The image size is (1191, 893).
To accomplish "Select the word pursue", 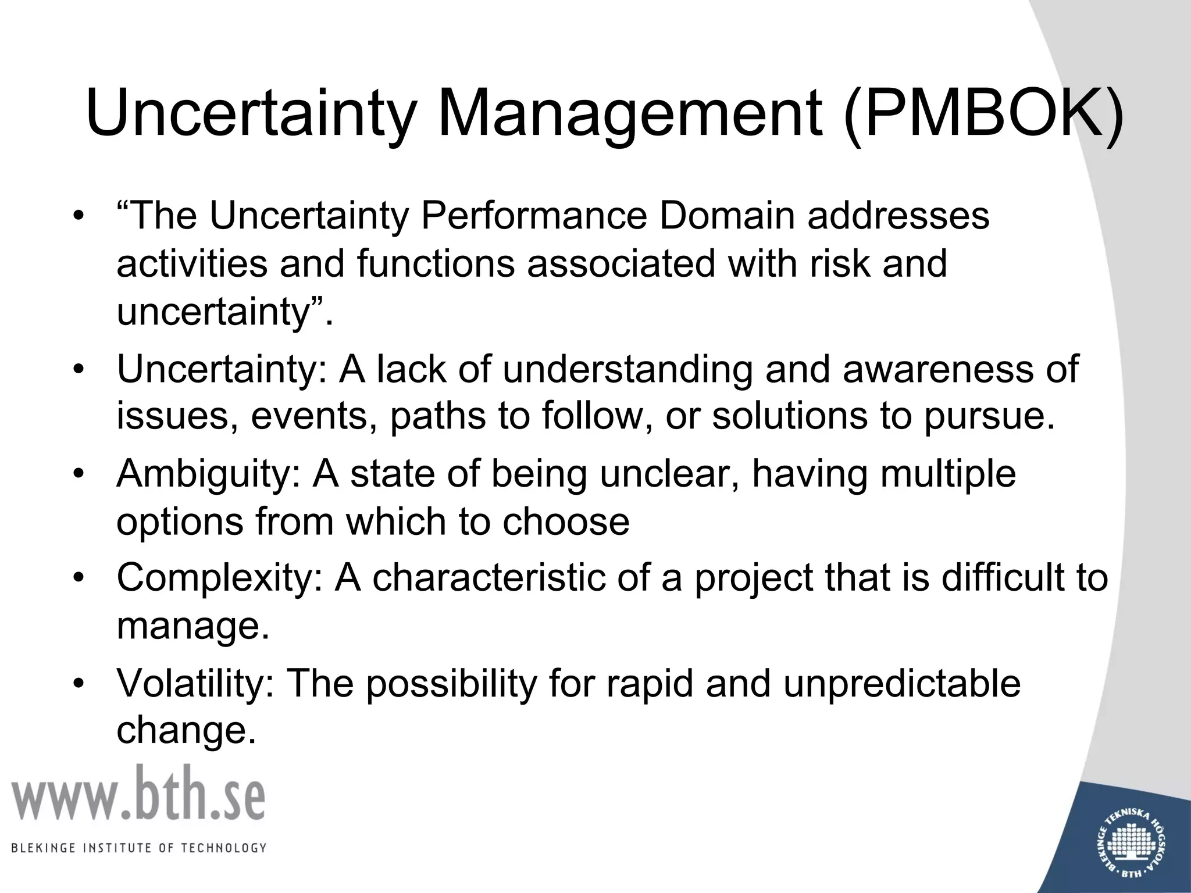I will coord(989,417).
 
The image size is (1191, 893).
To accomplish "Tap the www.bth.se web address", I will coord(138,794).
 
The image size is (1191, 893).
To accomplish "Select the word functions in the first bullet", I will coord(436,264).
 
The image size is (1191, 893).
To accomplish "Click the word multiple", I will coord(948,474).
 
